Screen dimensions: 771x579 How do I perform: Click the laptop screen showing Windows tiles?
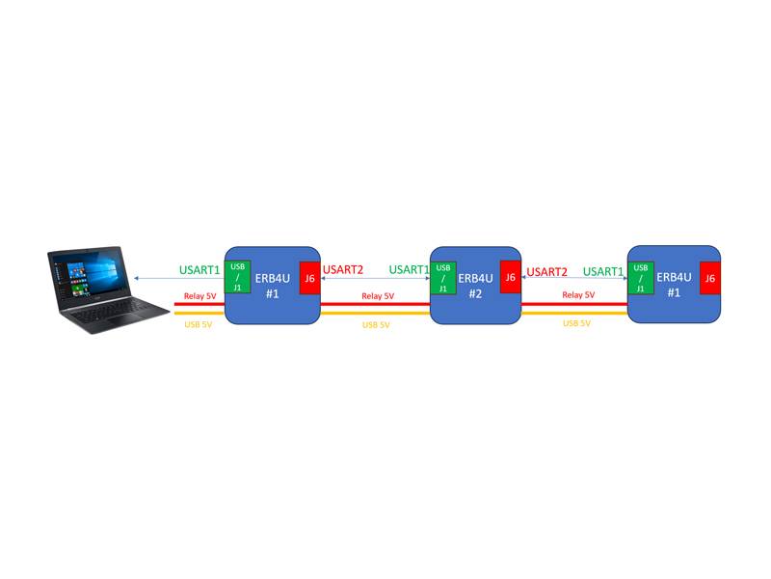click(x=88, y=274)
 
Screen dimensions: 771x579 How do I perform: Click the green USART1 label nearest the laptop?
click(x=199, y=270)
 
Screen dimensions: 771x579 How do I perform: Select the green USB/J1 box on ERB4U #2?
click(x=443, y=278)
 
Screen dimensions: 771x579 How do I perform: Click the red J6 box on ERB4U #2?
click(x=511, y=277)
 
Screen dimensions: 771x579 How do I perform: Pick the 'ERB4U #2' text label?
click(x=475, y=286)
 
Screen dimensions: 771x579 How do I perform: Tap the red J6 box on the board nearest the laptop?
click(x=309, y=278)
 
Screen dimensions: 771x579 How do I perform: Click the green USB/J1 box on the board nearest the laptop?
click(x=237, y=277)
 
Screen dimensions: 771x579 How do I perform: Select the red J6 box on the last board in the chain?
click(x=710, y=278)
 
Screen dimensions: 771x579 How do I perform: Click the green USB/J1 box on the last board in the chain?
click(x=641, y=278)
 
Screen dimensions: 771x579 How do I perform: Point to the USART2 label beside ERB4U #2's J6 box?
click(x=546, y=272)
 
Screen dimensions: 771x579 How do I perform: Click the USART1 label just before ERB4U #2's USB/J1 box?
click(x=409, y=269)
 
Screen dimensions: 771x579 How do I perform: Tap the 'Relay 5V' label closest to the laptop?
click(x=200, y=296)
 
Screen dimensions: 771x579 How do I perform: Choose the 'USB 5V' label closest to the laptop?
click(x=199, y=324)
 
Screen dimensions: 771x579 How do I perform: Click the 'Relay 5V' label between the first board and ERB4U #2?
click(x=378, y=296)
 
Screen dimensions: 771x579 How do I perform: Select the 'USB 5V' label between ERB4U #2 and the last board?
click(x=576, y=323)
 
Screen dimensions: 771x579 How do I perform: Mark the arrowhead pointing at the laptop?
click(x=136, y=278)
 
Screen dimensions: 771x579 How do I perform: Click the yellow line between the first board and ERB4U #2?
click(x=375, y=313)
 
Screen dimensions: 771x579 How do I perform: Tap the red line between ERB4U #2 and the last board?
click(x=574, y=304)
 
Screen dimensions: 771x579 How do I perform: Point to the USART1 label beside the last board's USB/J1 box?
click(x=603, y=271)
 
